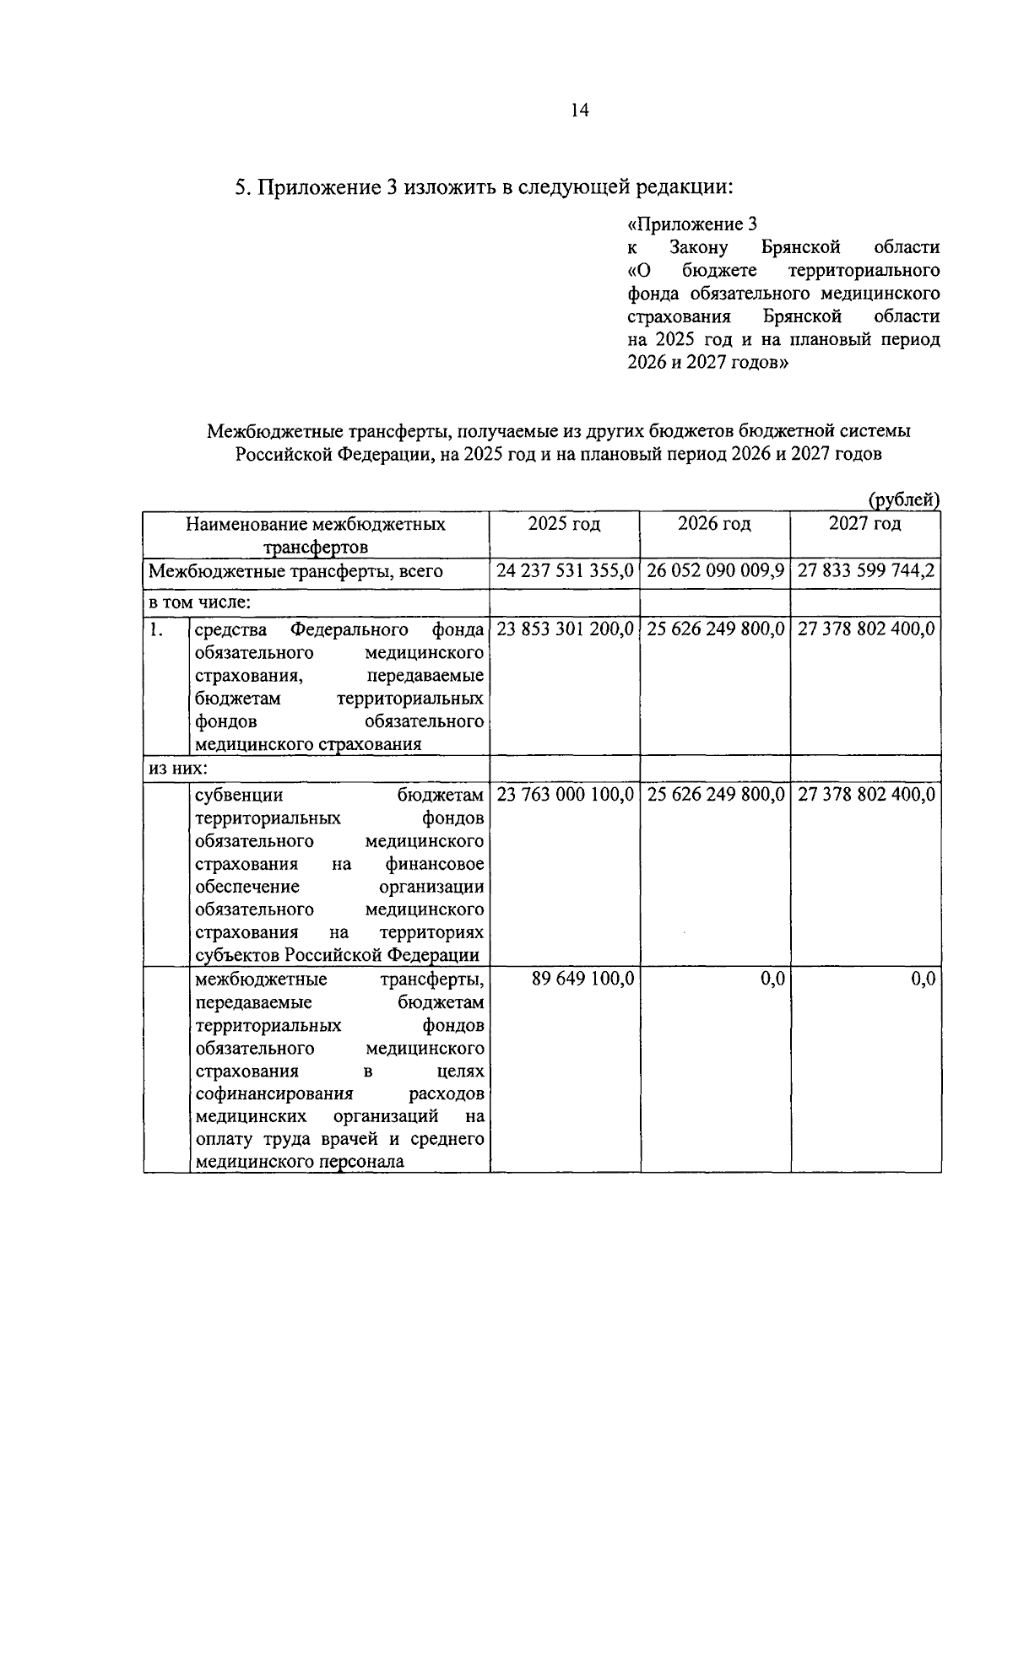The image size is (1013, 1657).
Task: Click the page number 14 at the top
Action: pos(579,111)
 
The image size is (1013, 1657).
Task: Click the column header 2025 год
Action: pos(564,524)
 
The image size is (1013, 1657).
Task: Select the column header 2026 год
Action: pos(714,524)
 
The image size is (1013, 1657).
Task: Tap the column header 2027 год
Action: pos(864,524)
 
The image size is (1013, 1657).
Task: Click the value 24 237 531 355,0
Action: pos(565,571)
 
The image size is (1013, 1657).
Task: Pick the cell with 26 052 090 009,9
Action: pos(715,571)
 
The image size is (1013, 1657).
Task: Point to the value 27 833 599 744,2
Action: pos(865,571)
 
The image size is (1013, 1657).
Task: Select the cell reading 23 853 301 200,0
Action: pos(565,629)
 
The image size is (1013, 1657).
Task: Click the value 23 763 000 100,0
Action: pos(565,795)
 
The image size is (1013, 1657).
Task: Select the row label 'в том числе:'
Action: pos(199,602)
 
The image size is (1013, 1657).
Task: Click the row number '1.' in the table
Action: pos(156,629)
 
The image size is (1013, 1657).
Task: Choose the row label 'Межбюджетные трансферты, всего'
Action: pos(295,571)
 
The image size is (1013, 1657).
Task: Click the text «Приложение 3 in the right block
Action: pos(692,224)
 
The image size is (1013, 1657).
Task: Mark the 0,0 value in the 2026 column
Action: pos(772,979)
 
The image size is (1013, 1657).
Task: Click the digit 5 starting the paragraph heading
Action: pos(240,186)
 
